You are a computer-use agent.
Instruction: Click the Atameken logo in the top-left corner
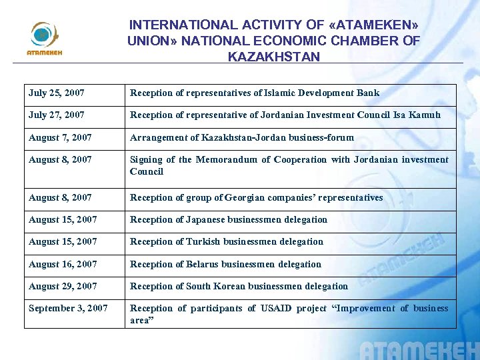click(x=44, y=38)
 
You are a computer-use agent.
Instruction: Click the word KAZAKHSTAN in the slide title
click(x=273, y=57)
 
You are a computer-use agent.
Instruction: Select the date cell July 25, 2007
click(x=57, y=93)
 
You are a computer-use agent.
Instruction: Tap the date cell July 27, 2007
click(x=57, y=115)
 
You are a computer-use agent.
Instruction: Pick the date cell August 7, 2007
click(x=60, y=137)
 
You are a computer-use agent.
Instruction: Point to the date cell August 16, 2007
click(x=63, y=264)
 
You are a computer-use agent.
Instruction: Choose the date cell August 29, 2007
click(x=63, y=286)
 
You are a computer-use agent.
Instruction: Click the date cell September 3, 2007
click(x=68, y=308)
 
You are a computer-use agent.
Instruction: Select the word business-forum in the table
click(x=321, y=137)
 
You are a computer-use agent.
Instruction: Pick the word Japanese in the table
click(x=205, y=219)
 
